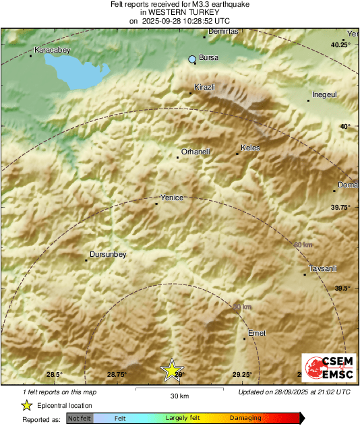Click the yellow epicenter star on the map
click(x=173, y=369)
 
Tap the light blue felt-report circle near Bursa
click(x=193, y=59)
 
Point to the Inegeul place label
click(x=324, y=95)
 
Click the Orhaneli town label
click(x=196, y=152)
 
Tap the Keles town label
click(x=250, y=148)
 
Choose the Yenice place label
click(x=171, y=197)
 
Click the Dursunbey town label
click(x=109, y=254)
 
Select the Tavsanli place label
click(x=322, y=269)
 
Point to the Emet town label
click(x=257, y=333)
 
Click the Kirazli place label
click(x=204, y=88)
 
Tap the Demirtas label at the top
click(x=223, y=32)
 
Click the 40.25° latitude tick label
click(x=340, y=44)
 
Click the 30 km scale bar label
click(x=179, y=396)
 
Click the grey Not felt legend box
click(x=80, y=419)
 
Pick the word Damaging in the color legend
click(x=245, y=419)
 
